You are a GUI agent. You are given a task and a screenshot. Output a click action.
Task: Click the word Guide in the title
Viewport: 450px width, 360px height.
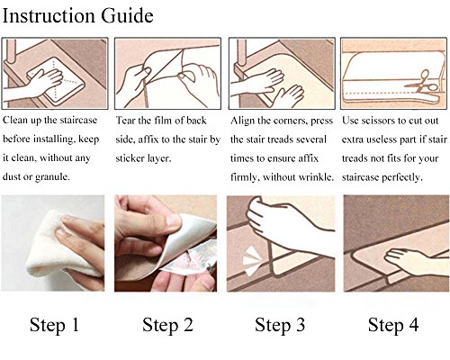[x=127, y=15]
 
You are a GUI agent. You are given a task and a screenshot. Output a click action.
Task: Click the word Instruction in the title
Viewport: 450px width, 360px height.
[x=49, y=15]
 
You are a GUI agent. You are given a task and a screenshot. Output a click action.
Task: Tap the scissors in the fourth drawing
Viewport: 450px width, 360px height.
[x=422, y=82]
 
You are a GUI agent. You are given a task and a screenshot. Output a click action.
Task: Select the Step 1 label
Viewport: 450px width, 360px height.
[x=54, y=325]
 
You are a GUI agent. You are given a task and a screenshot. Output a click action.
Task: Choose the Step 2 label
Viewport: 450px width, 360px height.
[x=167, y=325]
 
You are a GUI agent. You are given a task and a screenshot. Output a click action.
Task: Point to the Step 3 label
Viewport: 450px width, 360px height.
[x=280, y=325]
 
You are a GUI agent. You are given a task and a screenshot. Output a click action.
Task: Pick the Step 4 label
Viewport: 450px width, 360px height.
[x=393, y=325]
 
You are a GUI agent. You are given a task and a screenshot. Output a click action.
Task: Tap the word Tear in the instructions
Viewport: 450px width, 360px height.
[x=125, y=121]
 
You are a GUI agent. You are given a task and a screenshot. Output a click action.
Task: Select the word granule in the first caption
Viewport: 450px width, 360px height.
[x=52, y=177]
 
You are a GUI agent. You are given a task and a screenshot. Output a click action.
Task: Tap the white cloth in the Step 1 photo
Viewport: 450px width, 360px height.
[x=57, y=246]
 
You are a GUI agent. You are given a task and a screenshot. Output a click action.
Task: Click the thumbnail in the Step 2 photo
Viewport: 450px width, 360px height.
[x=174, y=220]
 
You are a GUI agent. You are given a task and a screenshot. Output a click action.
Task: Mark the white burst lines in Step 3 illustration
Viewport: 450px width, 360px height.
[x=251, y=260]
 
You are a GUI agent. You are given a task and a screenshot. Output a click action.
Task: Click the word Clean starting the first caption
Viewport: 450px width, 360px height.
[x=14, y=120]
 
